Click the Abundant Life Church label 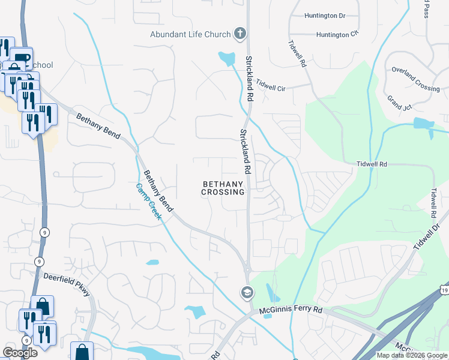[190, 34]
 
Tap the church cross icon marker [240, 34]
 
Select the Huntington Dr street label [325, 16]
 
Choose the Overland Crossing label [416, 79]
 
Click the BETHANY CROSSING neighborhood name [223, 188]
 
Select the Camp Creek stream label [147, 201]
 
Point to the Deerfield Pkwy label [67, 283]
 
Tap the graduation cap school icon [246, 293]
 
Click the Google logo [20, 353]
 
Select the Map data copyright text [412, 355]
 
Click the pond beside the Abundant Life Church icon [227, 59]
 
